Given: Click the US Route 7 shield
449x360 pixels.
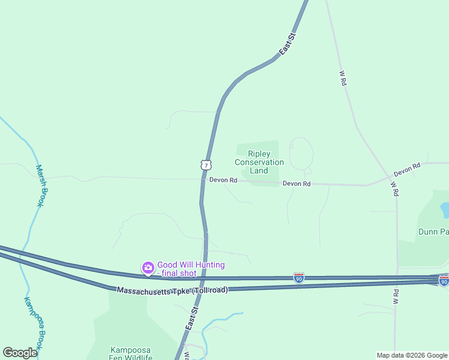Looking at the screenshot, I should (206, 164).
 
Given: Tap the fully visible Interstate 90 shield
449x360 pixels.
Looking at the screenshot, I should (299, 278).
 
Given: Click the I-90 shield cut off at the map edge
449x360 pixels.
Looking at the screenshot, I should (444, 281).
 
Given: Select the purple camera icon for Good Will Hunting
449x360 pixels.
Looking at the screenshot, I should (148, 268).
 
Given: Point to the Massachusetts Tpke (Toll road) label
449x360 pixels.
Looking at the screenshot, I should (172, 290).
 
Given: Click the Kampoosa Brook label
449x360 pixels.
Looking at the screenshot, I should (32, 323).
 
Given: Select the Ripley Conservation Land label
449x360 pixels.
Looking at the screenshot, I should (259, 162).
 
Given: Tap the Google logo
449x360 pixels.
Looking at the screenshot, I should (20, 353).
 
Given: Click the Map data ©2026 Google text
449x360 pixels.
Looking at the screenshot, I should (412, 355).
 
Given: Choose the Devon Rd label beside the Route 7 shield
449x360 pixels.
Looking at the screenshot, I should (223, 180).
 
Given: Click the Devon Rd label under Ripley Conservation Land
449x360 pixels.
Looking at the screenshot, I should (297, 184).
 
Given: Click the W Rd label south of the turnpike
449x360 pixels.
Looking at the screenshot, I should (396, 296).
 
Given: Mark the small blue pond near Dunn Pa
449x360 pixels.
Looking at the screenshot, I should (445, 209).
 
